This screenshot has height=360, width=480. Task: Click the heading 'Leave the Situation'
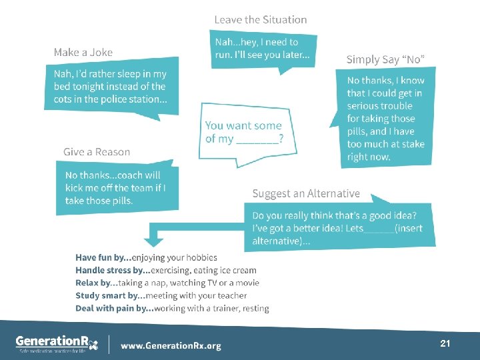click(x=260, y=20)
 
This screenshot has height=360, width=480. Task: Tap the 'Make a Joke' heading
click(x=83, y=52)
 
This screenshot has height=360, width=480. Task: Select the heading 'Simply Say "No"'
click(x=384, y=59)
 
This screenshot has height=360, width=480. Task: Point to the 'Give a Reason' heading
click(x=97, y=152)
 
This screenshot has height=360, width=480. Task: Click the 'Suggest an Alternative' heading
click(x=305, y=193)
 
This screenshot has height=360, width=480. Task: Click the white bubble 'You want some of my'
click(x=243, y=131)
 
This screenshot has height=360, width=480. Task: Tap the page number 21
click(x=445, y=343)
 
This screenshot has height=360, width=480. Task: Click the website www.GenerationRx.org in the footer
click(x=171, y=345)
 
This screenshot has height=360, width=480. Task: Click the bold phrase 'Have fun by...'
click(x=103, y=257)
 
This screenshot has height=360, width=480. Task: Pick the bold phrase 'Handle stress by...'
click(x=113, y=270)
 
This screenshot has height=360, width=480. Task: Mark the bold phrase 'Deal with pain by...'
click(x=115, y=308)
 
